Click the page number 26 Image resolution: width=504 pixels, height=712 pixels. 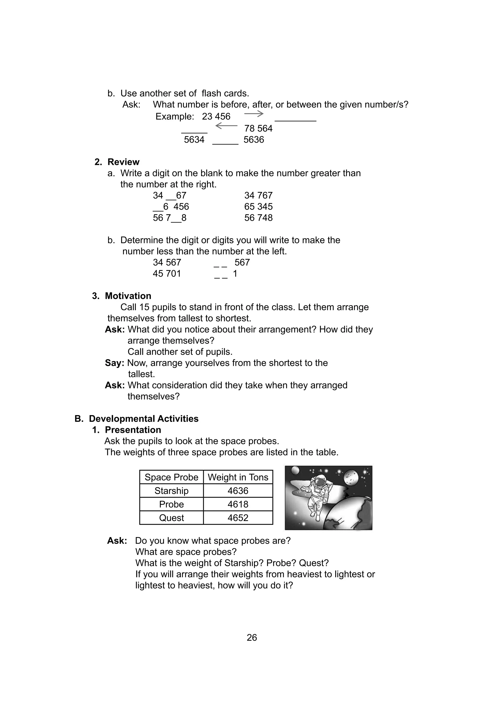[252, 637]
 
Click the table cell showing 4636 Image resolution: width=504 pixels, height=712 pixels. [238, 491]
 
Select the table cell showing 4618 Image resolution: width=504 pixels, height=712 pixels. [238, 504]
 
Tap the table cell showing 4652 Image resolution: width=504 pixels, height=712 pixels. [238, 518]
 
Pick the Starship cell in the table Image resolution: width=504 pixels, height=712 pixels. [172, 491]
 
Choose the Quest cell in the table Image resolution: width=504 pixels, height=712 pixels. [172, 518]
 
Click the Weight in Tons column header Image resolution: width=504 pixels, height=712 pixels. [238, 477]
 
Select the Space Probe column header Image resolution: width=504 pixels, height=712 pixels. [172, 477]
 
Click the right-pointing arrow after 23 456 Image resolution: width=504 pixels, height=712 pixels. [254, 114]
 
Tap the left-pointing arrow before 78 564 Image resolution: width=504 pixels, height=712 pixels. [226, 126]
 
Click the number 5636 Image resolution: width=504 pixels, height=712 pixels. [254, 140]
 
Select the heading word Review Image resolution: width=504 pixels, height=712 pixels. [123, 162]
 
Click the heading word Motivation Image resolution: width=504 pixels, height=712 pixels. [128, 296]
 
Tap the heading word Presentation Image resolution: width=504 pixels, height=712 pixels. [133, 430]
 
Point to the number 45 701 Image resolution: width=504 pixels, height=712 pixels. [167, 274]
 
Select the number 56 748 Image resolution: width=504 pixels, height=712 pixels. [258, 218]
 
